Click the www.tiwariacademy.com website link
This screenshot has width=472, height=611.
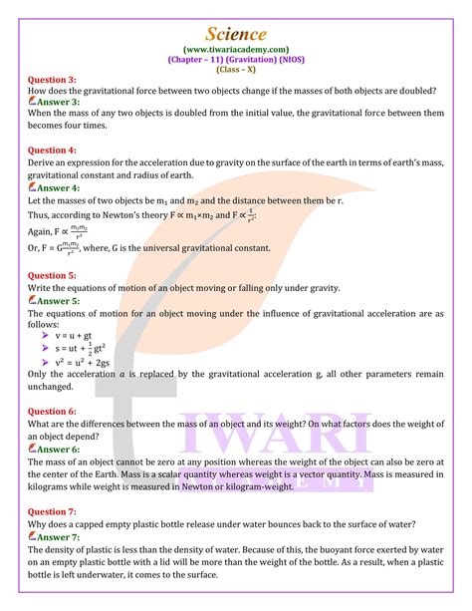[236, 47]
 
